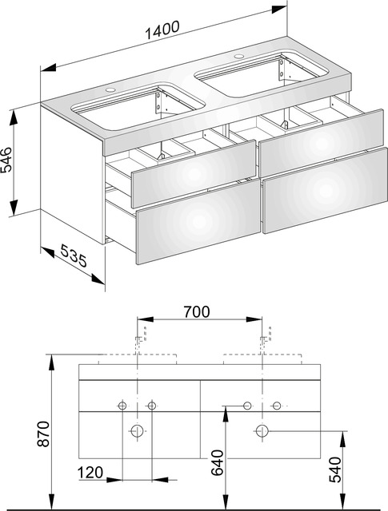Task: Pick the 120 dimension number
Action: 91,473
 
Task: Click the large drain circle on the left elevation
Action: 138,432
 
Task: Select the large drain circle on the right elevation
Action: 262,432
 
